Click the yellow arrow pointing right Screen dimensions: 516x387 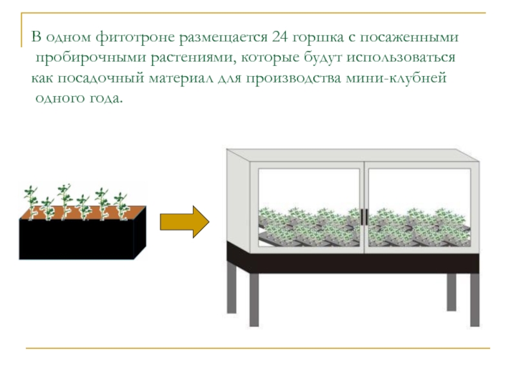[184, 222]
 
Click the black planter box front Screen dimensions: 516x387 [76, 240]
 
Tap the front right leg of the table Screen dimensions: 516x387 [474, 300]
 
